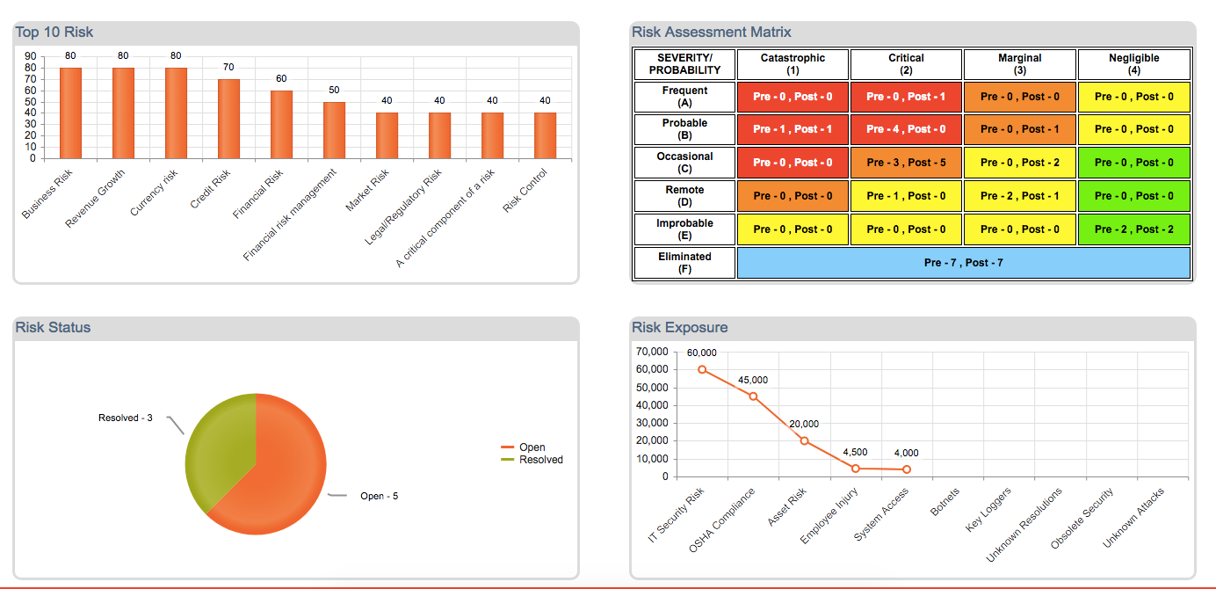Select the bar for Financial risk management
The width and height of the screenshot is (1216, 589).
[x=334, y=130]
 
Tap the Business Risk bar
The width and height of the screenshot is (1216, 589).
[x=70, y=113]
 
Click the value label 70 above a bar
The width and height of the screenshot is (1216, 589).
[x=228, y=67]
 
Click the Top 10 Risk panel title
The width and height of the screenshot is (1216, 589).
[x=54, y=33]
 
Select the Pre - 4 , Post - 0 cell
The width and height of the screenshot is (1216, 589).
[x=906, y=129]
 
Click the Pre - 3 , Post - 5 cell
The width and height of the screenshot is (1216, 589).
[x=906, y=163]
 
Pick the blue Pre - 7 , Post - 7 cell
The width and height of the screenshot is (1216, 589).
[x=963, y=263]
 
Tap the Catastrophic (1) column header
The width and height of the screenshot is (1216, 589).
[x=793, y=64]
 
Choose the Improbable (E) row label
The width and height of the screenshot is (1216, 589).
[x=684, y=229]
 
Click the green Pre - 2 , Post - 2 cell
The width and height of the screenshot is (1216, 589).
[x=1133, y=229]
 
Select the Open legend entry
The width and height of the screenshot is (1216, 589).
[x=532, y=447]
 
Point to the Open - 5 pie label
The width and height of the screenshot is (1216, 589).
[x=379, y=497]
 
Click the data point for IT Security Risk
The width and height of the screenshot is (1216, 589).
[x=702, y=369]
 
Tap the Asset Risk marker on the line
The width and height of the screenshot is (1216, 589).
[x=804, y=440]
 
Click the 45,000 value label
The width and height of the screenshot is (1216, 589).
[x=753, y=380]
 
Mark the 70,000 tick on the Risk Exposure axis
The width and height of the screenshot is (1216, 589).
[x=651, y=352]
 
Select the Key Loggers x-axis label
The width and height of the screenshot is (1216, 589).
[x=989, y=509]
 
